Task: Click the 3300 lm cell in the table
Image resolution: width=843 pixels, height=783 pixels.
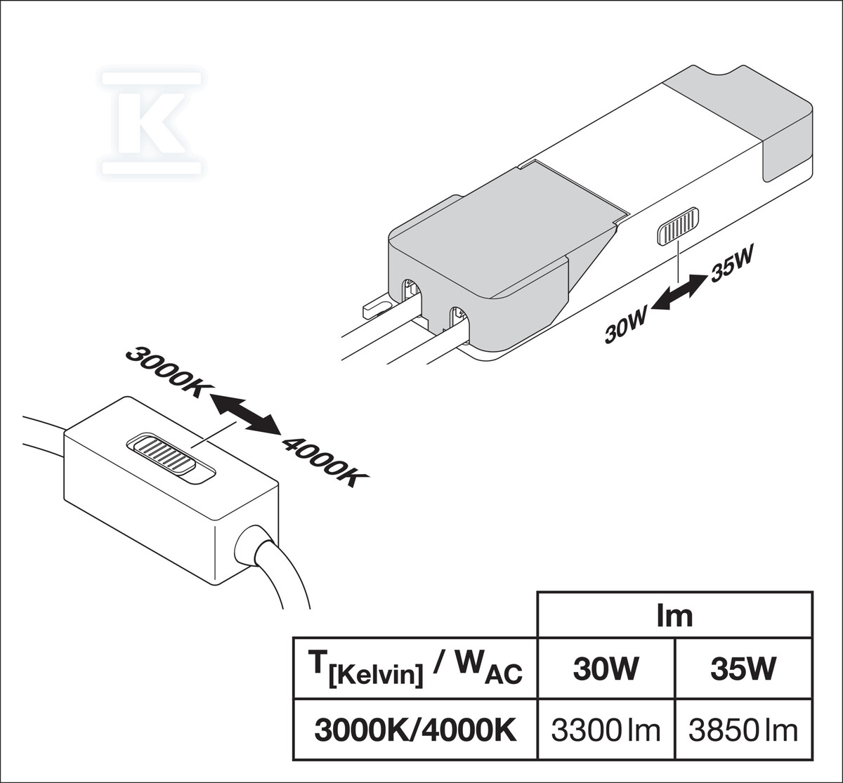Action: click(606, 730)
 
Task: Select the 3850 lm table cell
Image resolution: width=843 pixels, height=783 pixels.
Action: click(743, 730)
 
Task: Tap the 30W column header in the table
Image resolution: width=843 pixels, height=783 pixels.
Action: click(606, 669)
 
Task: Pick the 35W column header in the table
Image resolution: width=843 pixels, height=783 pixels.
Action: click(743, 669)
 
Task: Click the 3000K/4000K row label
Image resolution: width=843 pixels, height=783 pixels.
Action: click(415, 730)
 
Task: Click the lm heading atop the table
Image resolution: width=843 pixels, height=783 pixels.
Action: click(674, 615)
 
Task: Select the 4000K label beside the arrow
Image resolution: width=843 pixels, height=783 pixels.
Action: click(325, 461)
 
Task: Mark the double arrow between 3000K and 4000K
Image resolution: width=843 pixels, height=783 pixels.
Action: click(245, 415)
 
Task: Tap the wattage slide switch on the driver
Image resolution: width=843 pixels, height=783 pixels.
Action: click(678, 226)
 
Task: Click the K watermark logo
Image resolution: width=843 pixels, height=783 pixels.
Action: click(152, 122)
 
